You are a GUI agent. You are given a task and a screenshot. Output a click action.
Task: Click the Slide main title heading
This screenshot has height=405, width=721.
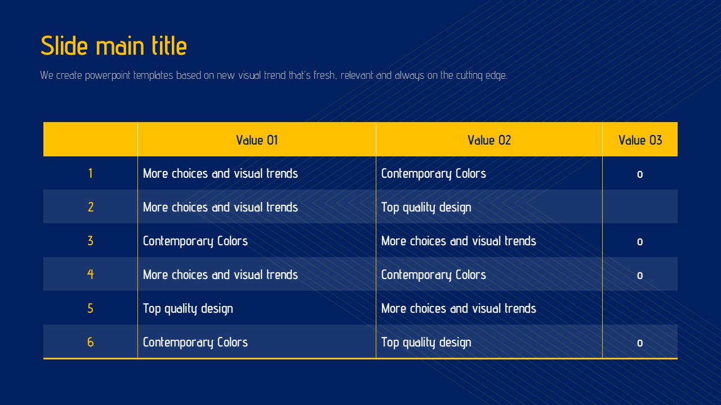pos(114,46)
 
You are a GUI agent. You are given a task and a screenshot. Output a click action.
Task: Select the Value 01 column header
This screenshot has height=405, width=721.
pos(257,140)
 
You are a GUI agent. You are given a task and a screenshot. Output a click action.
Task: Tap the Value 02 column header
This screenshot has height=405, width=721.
pos(489,140)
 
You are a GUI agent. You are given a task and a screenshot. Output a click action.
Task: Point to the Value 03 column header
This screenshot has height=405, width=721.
pos(640,140)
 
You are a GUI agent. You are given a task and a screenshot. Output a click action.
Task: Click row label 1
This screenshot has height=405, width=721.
pos(91,173)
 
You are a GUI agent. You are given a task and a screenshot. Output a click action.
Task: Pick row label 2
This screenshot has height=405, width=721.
pos(91,207)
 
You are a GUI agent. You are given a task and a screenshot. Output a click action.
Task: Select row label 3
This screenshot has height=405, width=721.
pos(91,241)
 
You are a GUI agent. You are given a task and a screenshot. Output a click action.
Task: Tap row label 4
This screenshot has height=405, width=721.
pos(91,274)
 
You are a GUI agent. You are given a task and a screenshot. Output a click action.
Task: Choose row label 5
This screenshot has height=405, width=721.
pos(91,308)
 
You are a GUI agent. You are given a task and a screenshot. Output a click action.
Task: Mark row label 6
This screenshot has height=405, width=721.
pos(91,342)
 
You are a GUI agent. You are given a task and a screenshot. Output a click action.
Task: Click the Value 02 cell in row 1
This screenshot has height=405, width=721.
pos(433,174)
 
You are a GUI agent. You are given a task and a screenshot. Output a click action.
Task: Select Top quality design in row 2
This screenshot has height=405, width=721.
pos(426,208)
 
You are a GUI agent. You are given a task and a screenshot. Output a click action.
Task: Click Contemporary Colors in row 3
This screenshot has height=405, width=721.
pos(195,241)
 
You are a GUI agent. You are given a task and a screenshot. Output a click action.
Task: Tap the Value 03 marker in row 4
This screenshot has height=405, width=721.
pos(640,276)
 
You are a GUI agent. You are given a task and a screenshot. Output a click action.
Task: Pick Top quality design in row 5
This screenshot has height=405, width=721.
pos(188,309)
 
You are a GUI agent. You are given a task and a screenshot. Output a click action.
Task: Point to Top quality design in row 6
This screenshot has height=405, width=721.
pos(426,343)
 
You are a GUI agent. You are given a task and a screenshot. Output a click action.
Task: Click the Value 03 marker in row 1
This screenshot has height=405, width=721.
pos(640,174)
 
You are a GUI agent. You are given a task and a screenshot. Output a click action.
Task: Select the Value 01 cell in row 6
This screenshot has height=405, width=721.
pos(195,343)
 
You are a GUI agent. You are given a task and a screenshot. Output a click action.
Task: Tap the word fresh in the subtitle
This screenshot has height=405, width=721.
pos(325,75)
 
